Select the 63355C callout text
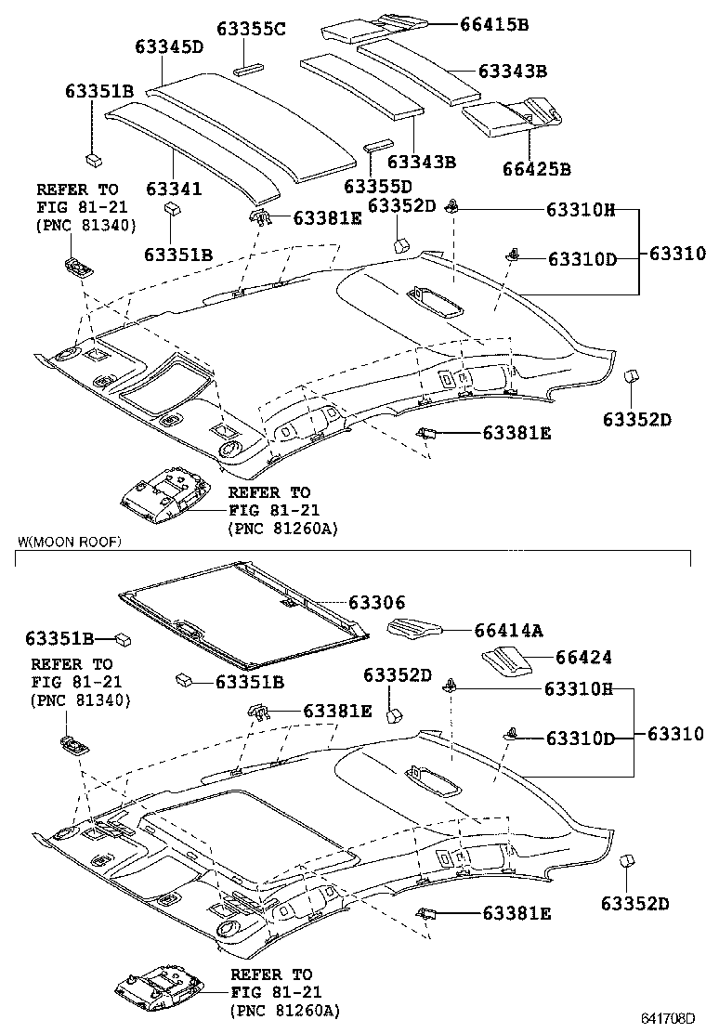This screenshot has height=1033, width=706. [251, 29]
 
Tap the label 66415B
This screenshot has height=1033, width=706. [493, 24]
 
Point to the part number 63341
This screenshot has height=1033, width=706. [173, 189]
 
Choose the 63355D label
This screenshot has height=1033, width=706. [378, 186]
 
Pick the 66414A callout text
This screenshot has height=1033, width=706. [508, 631]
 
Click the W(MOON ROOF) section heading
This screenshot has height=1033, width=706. [70, 542]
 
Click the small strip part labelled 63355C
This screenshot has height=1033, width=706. [249, 66]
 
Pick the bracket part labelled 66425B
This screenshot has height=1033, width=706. [514, 117]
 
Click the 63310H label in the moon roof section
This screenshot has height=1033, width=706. [579, 688]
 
